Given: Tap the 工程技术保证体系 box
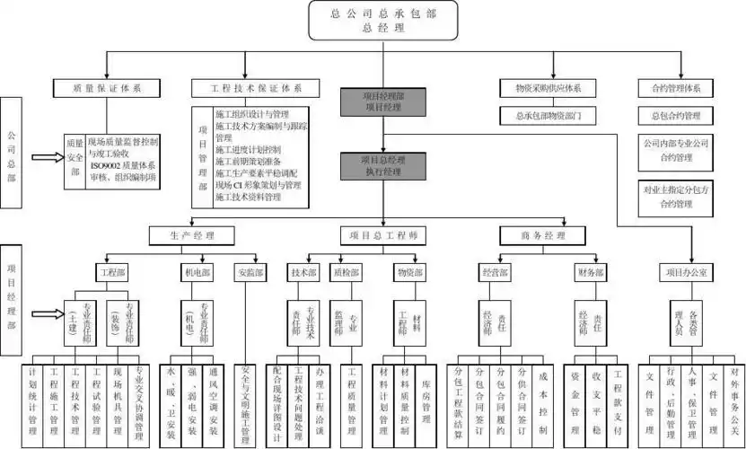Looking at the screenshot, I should [255, 88].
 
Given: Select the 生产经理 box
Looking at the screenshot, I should [191, 235].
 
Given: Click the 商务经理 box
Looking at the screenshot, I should [545, 235].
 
